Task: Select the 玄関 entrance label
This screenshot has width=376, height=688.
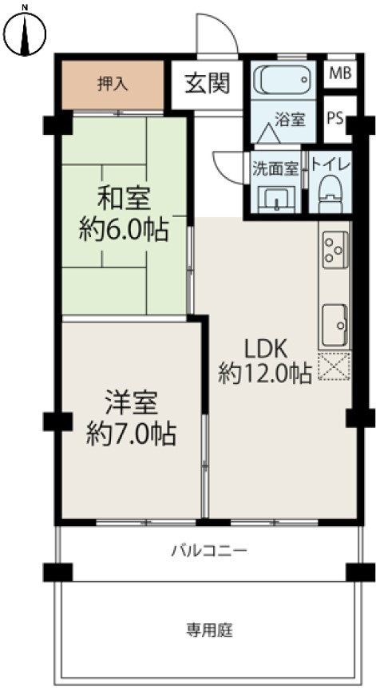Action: click(x=208, y=83)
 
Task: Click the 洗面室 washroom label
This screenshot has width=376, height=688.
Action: click(x=275, y=169)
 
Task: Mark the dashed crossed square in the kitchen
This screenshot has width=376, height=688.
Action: click(x=334, y=366)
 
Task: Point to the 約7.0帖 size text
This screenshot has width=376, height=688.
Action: click(x=131, y=435)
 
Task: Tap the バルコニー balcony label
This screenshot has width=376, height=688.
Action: click(x=210, y=551)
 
